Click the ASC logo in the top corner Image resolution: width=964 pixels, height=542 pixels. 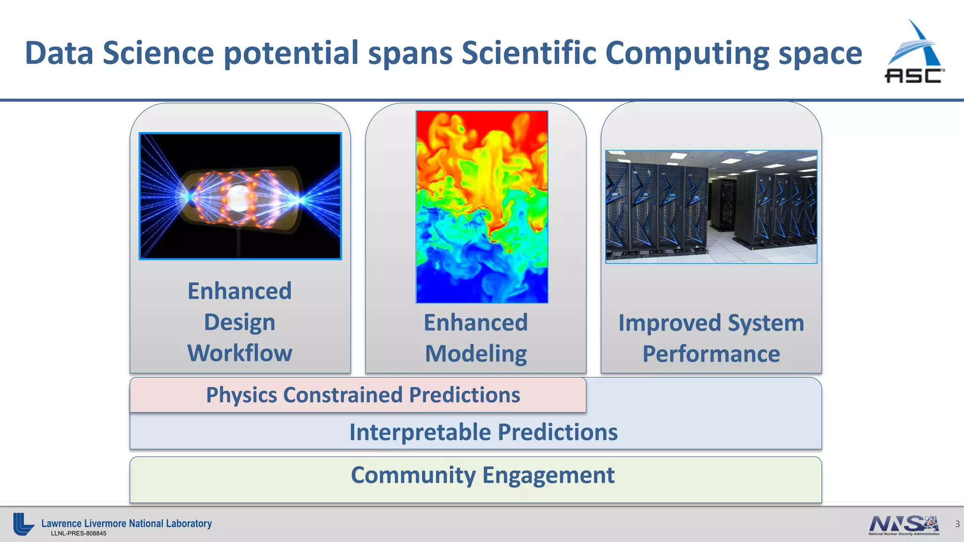click(914, 53)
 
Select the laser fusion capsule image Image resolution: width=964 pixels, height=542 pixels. click(240, 196)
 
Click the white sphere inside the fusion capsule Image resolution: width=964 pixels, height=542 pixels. click(239, 198)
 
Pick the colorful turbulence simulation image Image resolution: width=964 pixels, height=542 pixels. click(482, 207)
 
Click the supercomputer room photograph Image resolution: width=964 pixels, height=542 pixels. click(711, 207)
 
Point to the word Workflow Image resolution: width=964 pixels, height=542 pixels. click(240, 353)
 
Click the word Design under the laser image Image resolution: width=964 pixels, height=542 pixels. click(240, 322)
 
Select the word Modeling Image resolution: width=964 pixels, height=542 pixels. click(476, 354)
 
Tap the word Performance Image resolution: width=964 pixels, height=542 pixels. click(711, 354)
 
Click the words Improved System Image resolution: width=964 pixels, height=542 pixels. click(711, 323)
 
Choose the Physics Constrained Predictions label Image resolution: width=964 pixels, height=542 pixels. click(363, 395)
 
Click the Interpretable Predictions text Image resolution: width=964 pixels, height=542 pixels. click(483, 432)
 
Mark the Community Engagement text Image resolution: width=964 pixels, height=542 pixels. click(482, 475)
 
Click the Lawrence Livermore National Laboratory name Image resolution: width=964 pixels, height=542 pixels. click(127, 523)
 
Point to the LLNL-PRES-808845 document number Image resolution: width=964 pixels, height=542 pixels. click(79, 534)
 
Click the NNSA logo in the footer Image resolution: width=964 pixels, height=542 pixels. click(904, 525)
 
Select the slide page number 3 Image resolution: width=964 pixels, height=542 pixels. click(957, 524)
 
